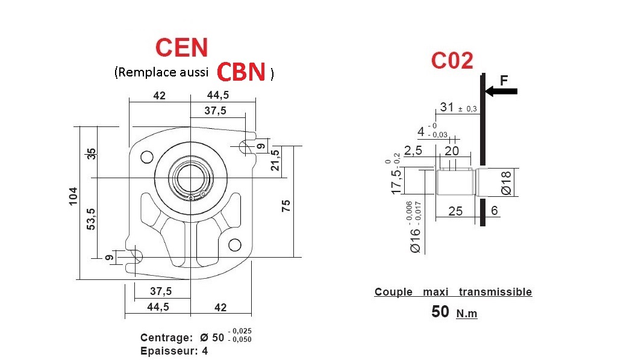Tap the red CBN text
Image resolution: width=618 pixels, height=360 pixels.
pos(241,72)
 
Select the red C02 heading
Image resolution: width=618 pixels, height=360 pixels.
pos(452,60)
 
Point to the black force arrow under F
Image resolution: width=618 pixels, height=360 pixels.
pos(501,92)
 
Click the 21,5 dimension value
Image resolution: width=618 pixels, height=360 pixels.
pos(275,160)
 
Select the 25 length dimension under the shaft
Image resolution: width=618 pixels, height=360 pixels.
pos(456,211)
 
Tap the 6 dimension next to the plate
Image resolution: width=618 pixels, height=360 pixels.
pos(495,211)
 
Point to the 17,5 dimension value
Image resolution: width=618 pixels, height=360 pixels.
pos(396,181)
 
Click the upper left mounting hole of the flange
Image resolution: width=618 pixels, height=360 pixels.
pos(146,157)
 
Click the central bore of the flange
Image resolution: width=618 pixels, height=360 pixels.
pos(190,179)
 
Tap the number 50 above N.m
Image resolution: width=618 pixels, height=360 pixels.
pos(440,312)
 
